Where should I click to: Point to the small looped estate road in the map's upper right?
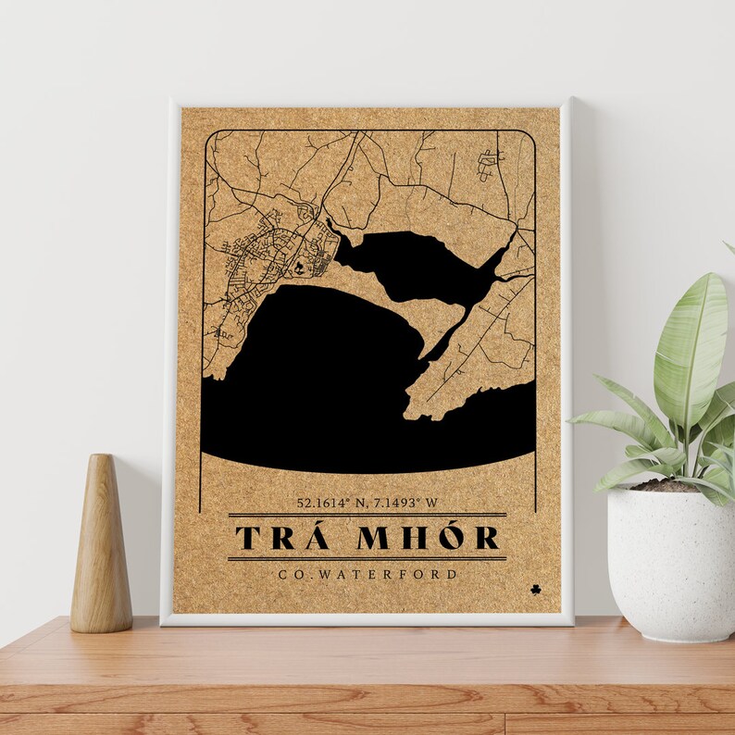pos(488,164)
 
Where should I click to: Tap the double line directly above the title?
pos(367,515)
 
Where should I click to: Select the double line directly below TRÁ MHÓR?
pos(367,558)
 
